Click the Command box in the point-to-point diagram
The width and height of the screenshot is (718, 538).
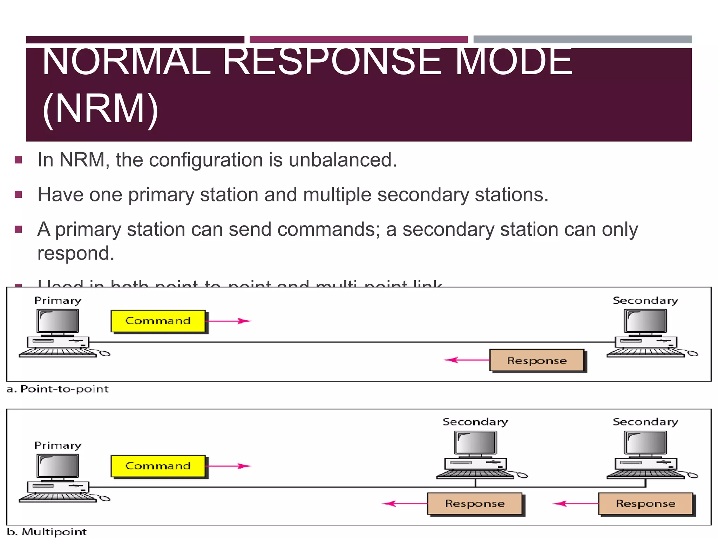158,321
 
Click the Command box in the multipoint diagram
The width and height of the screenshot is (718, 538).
158,466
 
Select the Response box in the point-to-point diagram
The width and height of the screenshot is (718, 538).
537,360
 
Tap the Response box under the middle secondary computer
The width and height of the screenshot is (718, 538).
475,504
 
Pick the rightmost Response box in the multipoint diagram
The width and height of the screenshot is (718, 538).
645,504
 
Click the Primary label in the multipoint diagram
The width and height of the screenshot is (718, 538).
57,446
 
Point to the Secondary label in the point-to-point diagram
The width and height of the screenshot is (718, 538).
645,301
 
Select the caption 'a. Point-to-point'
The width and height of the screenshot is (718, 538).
58,389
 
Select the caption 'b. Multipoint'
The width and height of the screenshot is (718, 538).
47,532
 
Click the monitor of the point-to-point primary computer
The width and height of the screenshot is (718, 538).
58,321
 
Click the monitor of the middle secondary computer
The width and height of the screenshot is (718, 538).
475,443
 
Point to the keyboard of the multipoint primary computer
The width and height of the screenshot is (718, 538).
58,497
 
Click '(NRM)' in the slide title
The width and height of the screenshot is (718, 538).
100,109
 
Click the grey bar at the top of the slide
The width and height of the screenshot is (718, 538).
582,39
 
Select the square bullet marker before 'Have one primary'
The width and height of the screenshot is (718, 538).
19,195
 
